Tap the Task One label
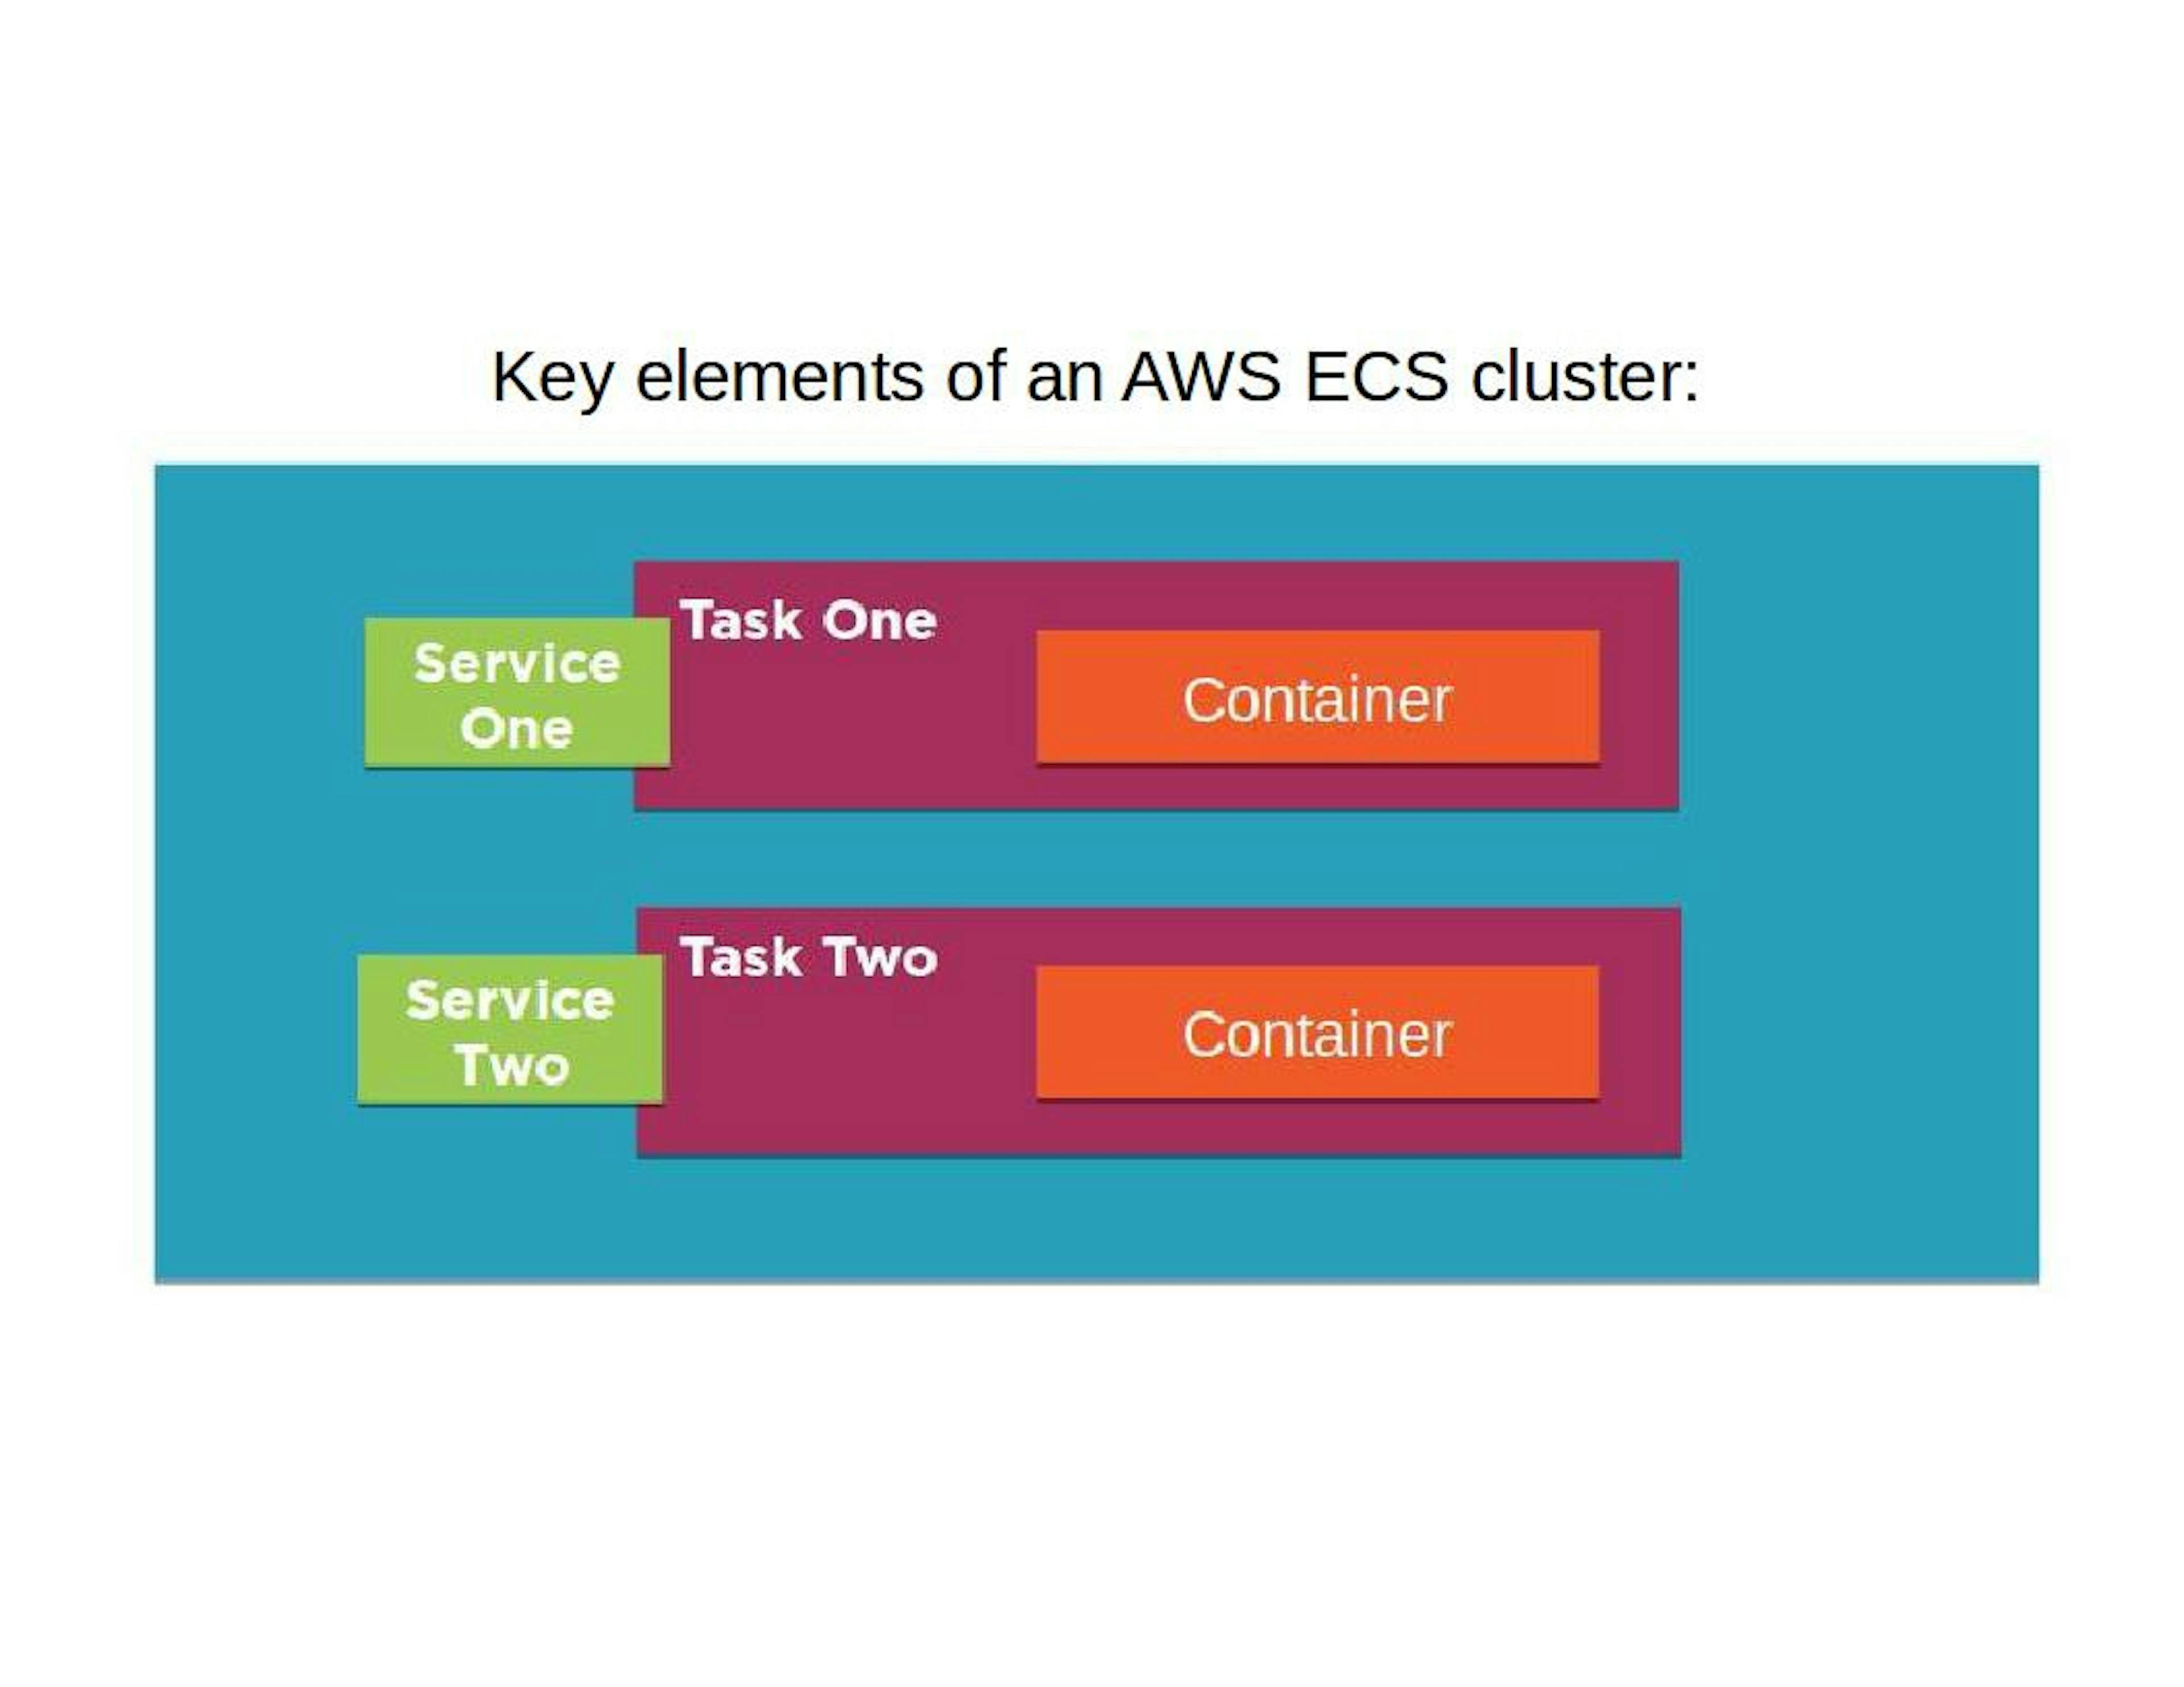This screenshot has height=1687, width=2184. (x=808, y=621)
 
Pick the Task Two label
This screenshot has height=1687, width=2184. (x=808, y=958)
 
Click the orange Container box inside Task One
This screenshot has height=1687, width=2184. (x=1317, y=697)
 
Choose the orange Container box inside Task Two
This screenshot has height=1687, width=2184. (x=1317, y=1032)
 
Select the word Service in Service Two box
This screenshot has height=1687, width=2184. (x=510, y=1000)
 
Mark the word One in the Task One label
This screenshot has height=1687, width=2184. (x=879, y=621)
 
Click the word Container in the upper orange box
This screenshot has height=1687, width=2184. (x=1317, y=700)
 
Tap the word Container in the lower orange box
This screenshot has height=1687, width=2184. (x=1317, y=1035)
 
